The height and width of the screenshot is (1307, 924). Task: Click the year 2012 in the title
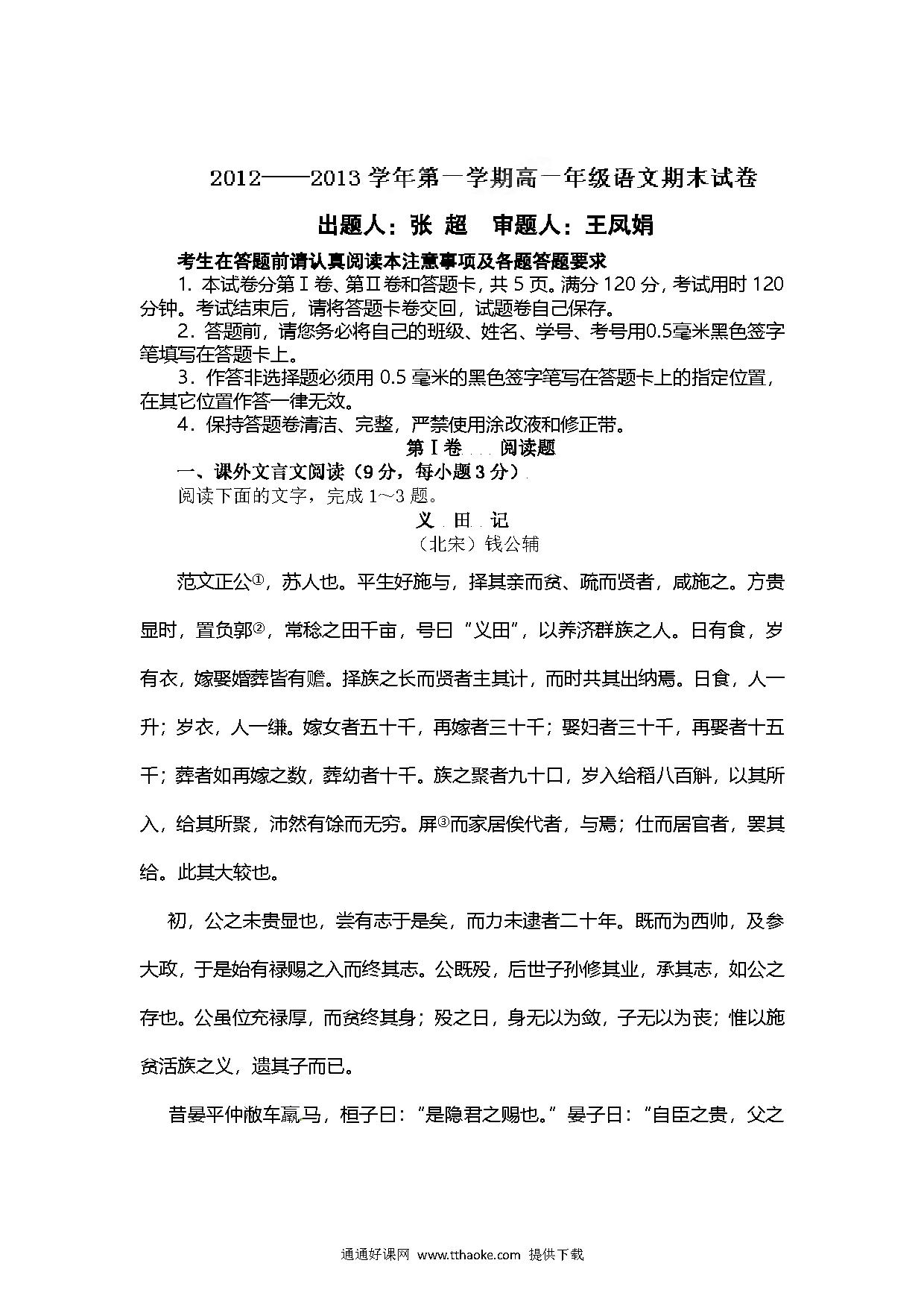click(235, 180)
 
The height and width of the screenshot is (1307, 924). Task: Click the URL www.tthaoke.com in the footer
click(469, 1255)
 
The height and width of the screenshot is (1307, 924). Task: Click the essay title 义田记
click(462, 519)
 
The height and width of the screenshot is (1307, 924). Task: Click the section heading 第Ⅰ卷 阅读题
click(480, 448)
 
